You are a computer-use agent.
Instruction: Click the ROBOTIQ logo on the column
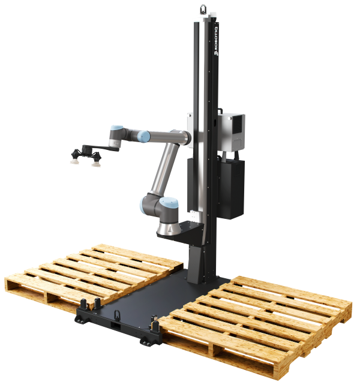click(216, 41)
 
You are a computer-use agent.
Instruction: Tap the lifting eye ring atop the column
click(203, 10)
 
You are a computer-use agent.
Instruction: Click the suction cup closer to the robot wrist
click(96, 163)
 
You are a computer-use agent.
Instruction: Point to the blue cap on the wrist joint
click(117, 128)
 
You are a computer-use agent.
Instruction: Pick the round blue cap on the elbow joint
click(143, 136)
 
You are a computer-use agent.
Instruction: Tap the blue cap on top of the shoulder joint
click(169, 202)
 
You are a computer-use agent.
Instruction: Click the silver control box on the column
click(231, 132)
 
